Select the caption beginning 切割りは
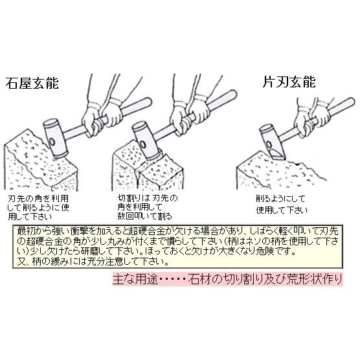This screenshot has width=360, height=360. coord(150,205)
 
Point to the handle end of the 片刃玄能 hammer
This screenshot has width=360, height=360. coord(350,103)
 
